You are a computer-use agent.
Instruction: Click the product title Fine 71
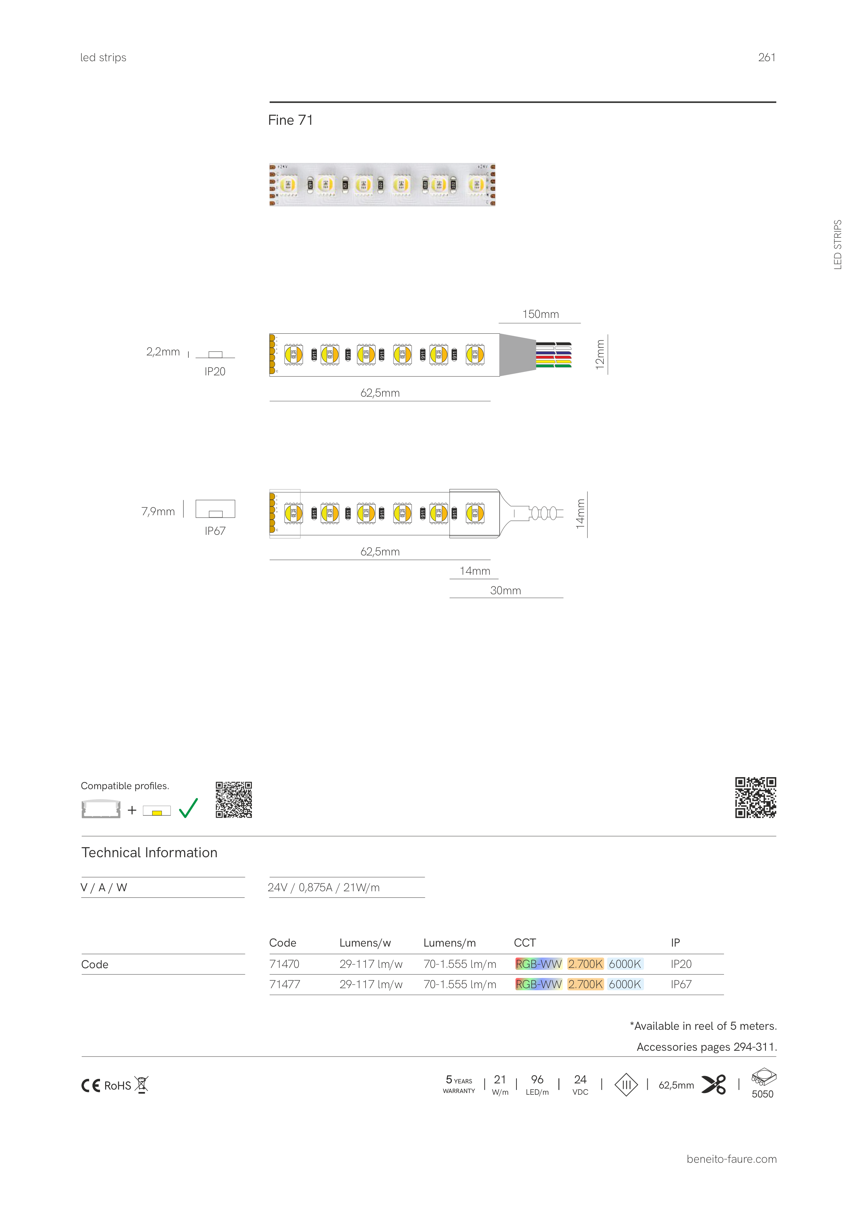tap(290, 121)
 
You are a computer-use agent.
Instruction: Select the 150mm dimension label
tap(540, 314)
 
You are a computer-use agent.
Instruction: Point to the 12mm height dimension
tap(600, 354)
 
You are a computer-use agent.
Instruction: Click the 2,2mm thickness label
tap(163, 352)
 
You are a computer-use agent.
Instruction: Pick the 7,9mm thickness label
tap(158, 511)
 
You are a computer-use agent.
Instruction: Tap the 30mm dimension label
tap(505, 590)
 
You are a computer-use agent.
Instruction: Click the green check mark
tap(188, 808)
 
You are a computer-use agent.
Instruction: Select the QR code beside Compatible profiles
tap(234, 799)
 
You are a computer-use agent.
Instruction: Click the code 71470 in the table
tap(285, 964)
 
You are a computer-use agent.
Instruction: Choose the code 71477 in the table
tap(285, 984)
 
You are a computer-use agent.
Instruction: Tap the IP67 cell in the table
tap(681, 984)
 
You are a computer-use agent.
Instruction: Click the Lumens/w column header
tap(365, 943)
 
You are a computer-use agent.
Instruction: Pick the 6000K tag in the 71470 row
tap(625, 964)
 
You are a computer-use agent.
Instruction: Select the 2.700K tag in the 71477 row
tap(585, 984)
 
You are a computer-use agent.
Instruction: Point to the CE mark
tap(90, 1085)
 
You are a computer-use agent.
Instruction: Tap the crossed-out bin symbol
tap(141, 1084)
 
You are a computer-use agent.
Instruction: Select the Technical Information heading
tap(149, 852)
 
